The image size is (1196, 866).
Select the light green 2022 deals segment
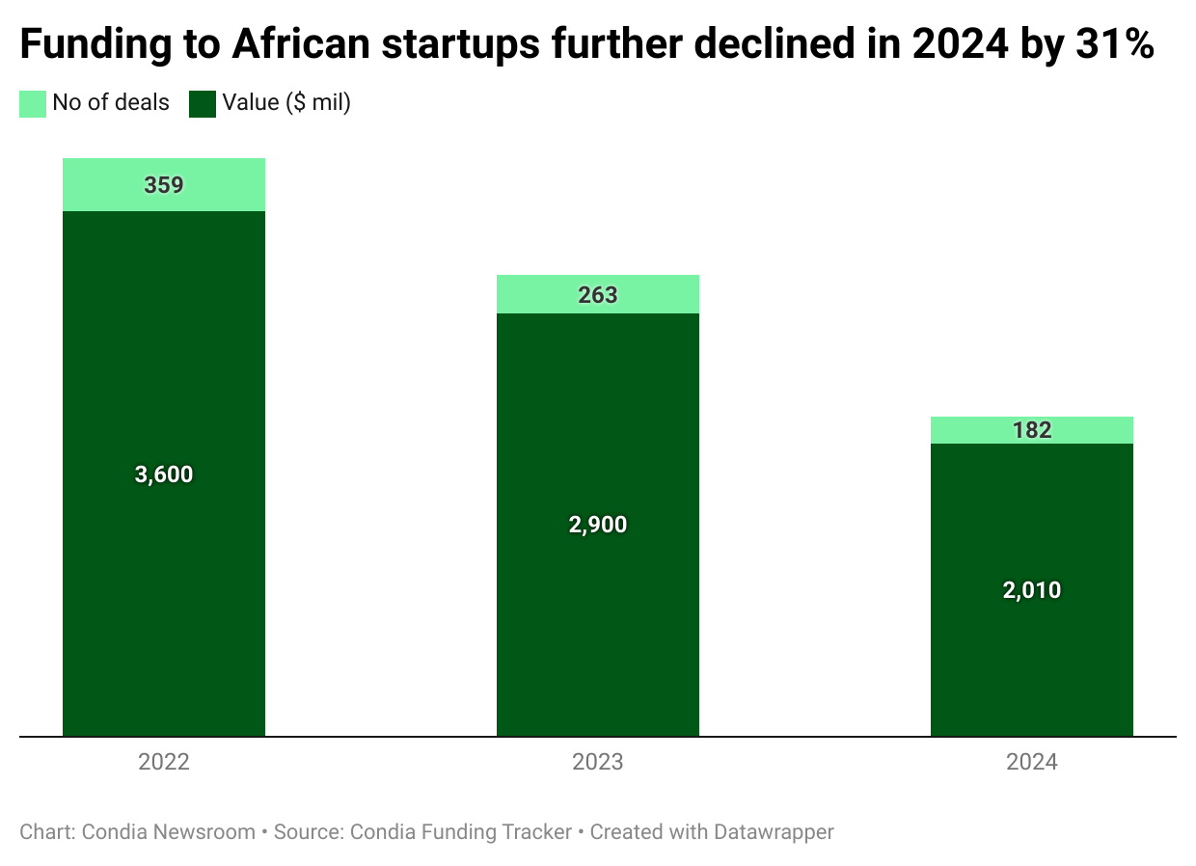click(106, 185)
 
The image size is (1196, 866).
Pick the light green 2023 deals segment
click(540, 295)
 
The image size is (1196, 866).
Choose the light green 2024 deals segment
click(974, 430)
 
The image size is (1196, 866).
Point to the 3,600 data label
click(164, 474)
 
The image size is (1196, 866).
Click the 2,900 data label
click(598, 526)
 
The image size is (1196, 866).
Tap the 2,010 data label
click(1032, 590)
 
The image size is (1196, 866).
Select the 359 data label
click(164, 185)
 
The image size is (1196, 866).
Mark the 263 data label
click(598, 295)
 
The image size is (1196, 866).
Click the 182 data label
click(1032, 430)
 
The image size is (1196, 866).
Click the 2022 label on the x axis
click(164, 762)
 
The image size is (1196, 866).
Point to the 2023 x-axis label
click(598, 762)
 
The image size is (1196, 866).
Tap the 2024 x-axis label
click(1032, 762)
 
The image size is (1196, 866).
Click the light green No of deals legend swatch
click(33, 103)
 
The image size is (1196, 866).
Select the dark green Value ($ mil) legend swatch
click(203, 103)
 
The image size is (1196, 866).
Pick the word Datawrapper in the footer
click(774, 831)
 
